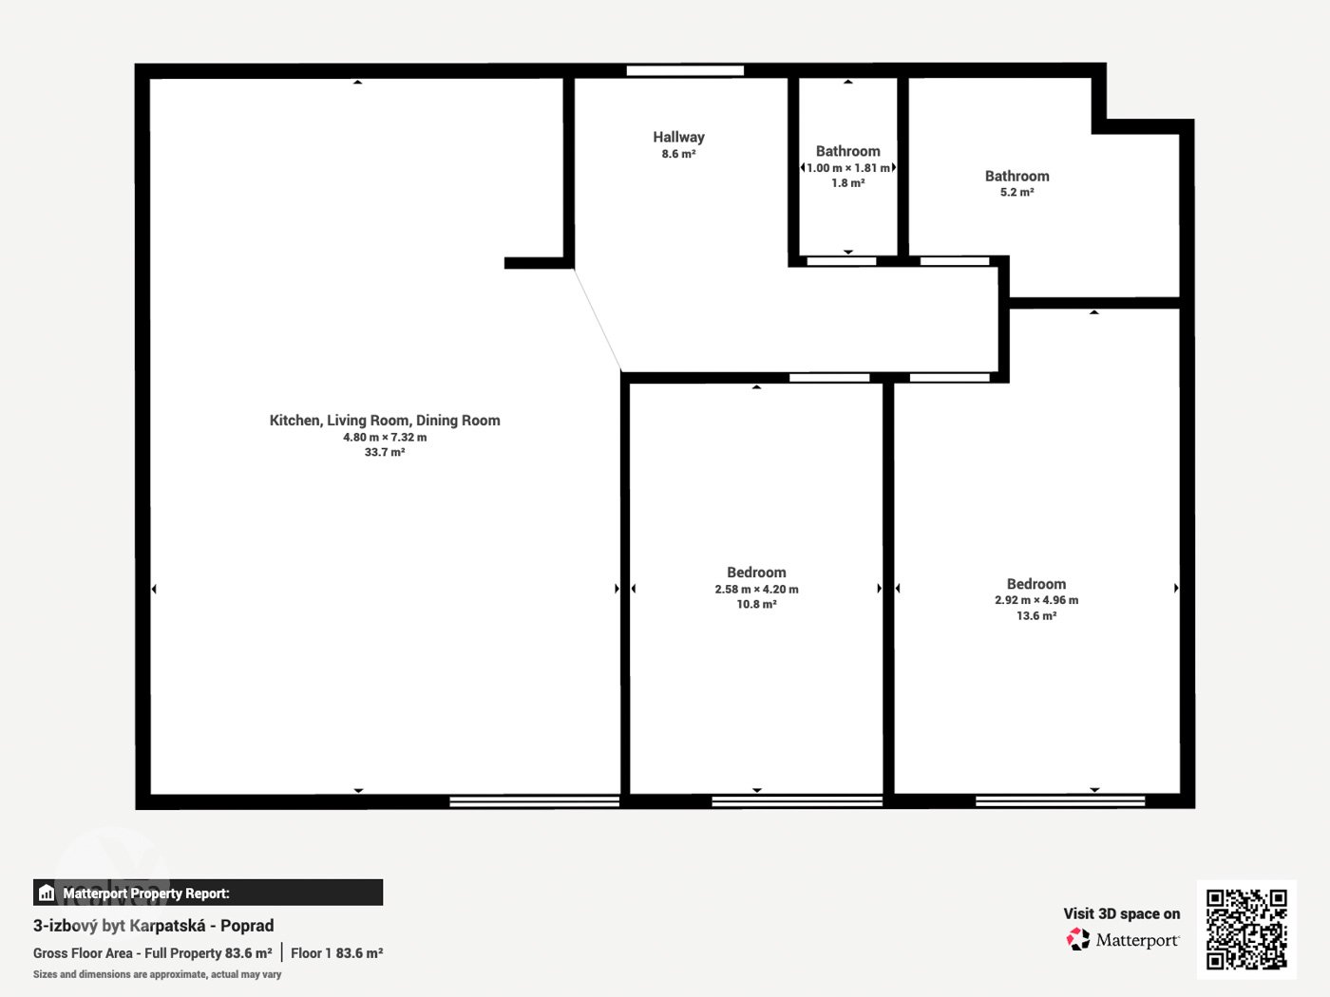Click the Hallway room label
(x=678, y=138)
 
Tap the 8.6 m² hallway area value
(x=678, y=154)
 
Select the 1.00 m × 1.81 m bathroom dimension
(x=847, y=168)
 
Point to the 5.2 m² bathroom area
(x=1016, y=192)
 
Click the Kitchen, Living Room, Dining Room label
(x=385, y=420)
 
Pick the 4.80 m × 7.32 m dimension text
(x=385, y=437)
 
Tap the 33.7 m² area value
(x=385, y=452)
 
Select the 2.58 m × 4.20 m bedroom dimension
(x=756, y=589)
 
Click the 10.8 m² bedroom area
(x=756, y=604)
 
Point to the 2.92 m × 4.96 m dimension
(x=1036, y=600)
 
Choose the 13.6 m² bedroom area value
(x=1036, y=615)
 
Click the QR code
(x=1246, y=930)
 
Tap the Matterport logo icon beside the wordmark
(x=1078, y=939)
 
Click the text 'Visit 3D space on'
(x=1122, y=913)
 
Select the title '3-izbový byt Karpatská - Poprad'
(x=153, y=926)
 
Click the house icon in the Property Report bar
(x=47, y=893)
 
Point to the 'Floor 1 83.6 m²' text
(x=337, y=953)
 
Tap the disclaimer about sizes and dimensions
(x=157, y=974)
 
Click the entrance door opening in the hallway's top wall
(x=685, y=71)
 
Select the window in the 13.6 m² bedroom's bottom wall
(x=1060, y=800)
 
